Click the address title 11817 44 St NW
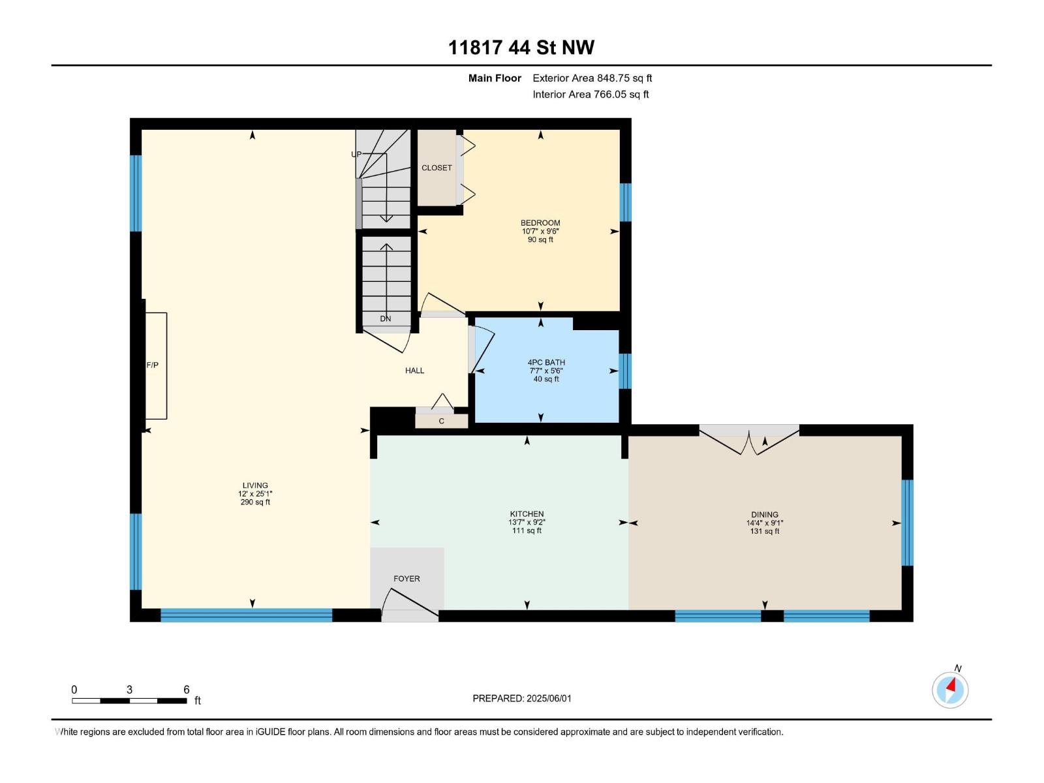[521, 48]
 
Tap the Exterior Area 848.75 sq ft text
[592, 78]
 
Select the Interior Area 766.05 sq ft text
[591, 95]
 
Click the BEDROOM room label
[540, 223]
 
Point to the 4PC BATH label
[546, 363]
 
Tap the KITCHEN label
[527, 514]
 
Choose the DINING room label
[764, 515]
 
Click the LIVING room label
[255, 485]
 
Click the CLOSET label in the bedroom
[437, 168]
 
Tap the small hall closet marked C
[442, 421]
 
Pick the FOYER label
[407, 579]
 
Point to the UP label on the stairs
[356, 155]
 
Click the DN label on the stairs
[386, 319]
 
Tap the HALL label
[414, 371]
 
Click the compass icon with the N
[950, 689]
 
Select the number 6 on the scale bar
[187, 690]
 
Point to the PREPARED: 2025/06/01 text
[521, 698]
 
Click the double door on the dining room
[749, 440]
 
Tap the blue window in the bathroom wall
[625, 371]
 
